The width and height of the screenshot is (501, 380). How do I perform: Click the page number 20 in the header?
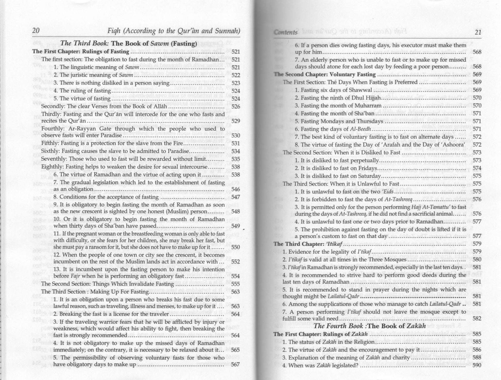(x=36, y=31)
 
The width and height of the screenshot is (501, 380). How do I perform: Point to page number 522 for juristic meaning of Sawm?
(x=236, y=75)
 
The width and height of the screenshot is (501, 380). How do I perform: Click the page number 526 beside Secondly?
(x=236, y=107)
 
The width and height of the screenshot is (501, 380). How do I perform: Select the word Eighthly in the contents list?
(x=51, y=167)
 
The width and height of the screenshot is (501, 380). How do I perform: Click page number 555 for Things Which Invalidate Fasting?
(x=236, y=284)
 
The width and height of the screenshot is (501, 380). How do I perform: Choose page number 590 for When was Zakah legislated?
(x=477, y=365)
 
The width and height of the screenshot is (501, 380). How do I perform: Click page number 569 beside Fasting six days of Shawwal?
(x=477, y=90)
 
